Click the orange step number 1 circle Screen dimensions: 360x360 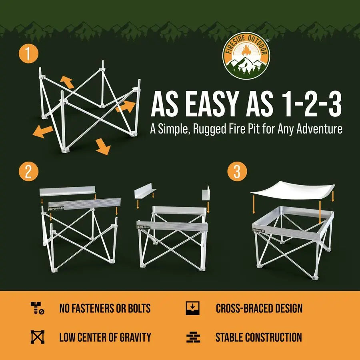point(28,55)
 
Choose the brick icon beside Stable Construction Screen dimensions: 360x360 point(193,337)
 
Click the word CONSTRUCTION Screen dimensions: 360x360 point(274,337)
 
